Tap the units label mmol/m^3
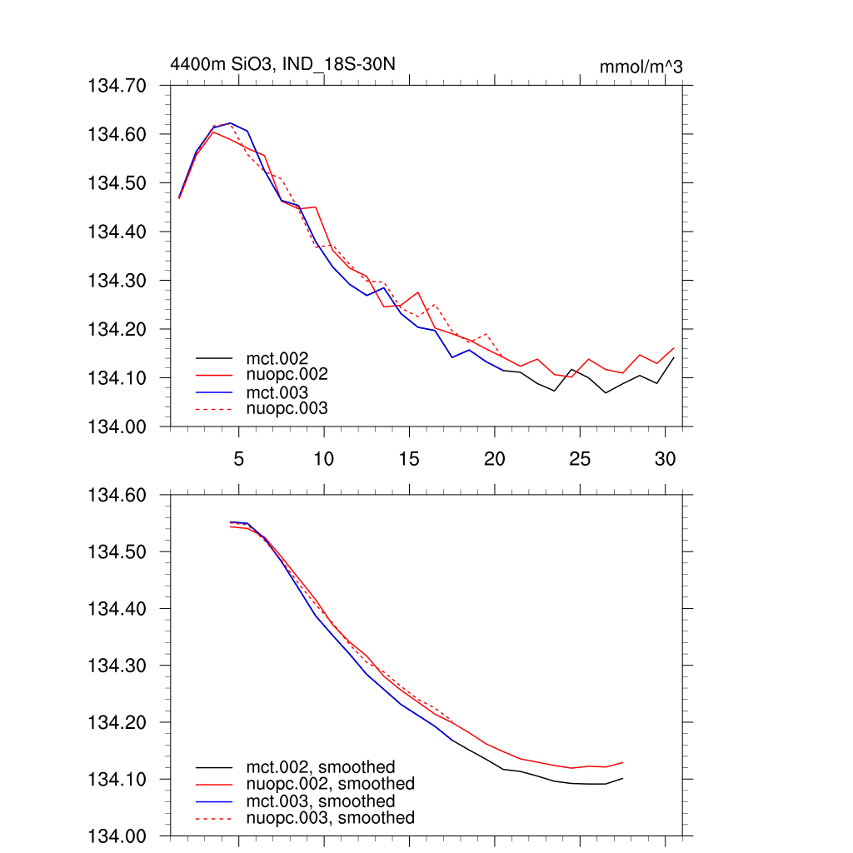tap(641, 67)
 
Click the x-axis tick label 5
tap(238, 459)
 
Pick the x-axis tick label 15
tap(409, 459)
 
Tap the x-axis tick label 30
tap(665, 459)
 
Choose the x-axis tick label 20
tap(495, 459)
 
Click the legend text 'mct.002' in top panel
tap(283, 358)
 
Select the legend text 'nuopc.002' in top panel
tap(293, 375)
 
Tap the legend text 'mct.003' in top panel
tap(283, 392)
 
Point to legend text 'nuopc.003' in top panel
tap(293, 409)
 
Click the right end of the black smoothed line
tap(623, 778)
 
